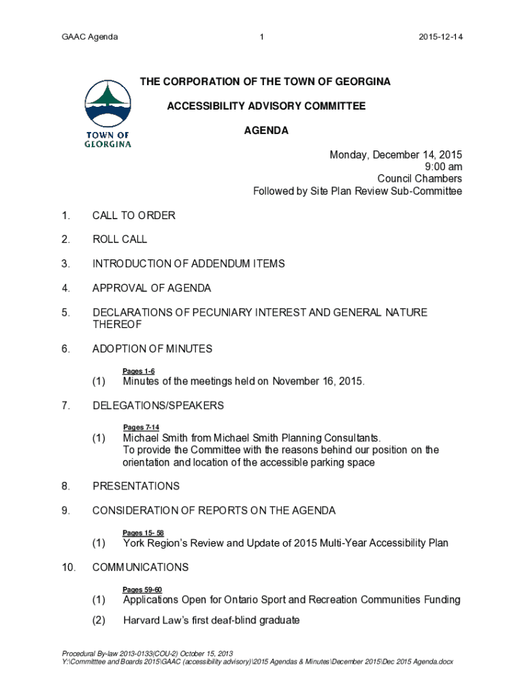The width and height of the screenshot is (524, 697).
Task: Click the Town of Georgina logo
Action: pos(108,114)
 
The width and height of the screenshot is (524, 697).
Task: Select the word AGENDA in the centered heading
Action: pos(266,131)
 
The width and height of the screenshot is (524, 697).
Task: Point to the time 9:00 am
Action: pos(442,167)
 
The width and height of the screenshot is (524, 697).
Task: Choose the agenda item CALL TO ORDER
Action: pos(134,216)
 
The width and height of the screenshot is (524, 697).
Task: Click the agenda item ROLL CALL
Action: pos(120,240)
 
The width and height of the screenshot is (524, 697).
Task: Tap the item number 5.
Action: pos(65,312)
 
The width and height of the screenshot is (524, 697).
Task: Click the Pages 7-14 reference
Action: pos(141,427)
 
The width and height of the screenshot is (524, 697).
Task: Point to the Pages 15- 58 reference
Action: pos(143,533)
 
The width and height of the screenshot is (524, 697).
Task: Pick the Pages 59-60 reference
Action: pos(142,589)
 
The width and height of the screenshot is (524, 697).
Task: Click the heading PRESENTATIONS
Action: pos(136,486)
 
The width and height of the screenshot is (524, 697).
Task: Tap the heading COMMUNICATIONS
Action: pos(140,567)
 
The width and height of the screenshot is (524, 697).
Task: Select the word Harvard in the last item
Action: pos(142,620)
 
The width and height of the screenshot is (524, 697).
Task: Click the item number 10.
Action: pos(68,567)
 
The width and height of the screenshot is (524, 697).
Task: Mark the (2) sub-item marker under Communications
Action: pos(99,620)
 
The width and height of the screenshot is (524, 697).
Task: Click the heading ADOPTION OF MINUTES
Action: pos(152,348)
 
